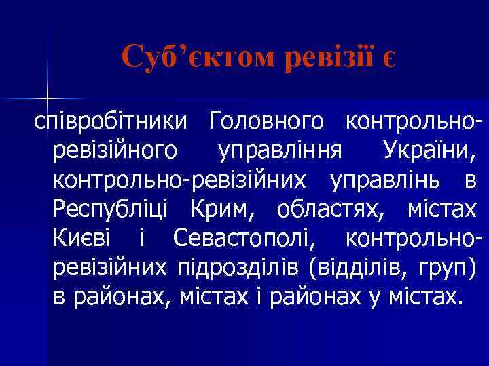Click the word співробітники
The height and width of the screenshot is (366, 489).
coord(109,123)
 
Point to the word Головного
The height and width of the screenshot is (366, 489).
coord(266,123)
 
